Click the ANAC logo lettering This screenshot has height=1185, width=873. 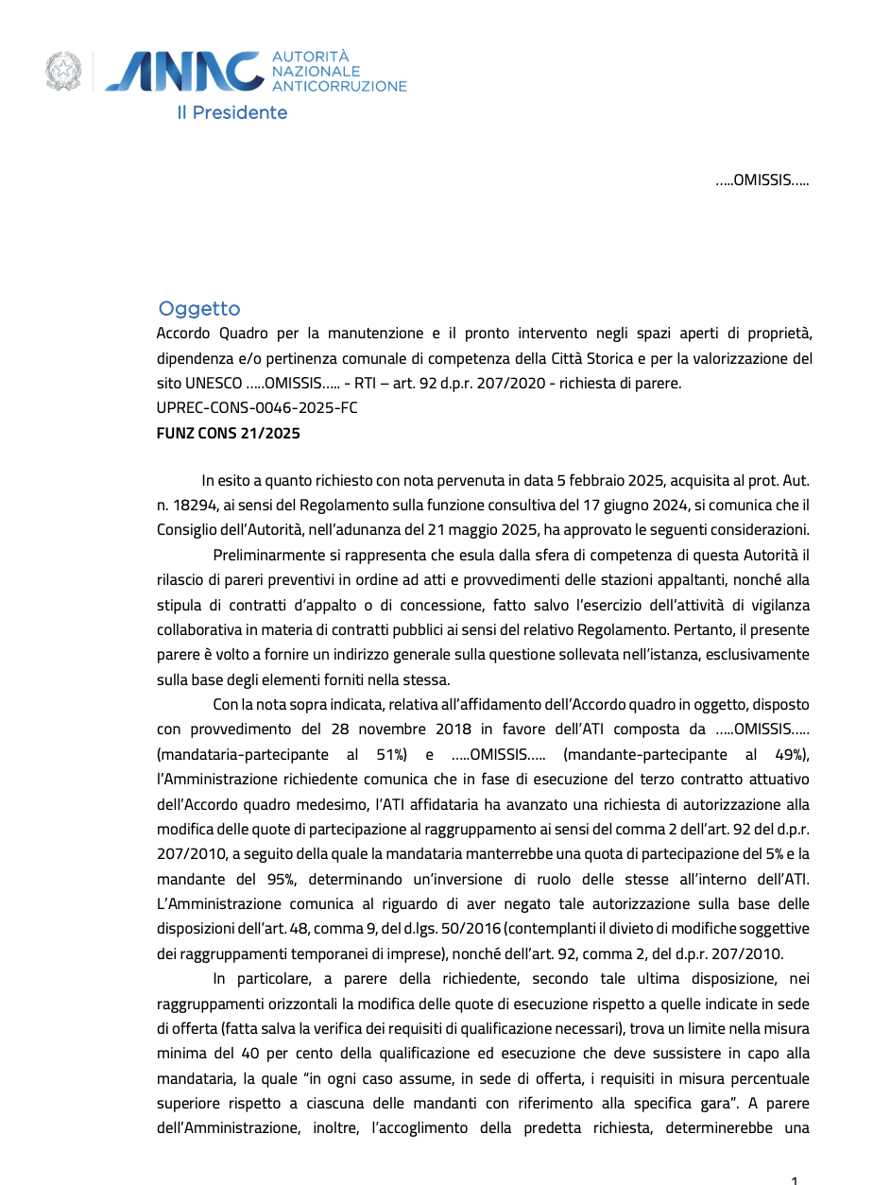pyautogui.click(x=185, y=73)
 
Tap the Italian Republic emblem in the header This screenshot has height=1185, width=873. pyautogui.click(x=63, y=73)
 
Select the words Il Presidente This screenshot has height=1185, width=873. pyautogui.click(x=232, y=112)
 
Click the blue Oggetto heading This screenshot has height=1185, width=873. pyautogui.click(x=199, y=309)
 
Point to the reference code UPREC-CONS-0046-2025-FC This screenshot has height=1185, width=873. pyautogui.click(x=257, y=408)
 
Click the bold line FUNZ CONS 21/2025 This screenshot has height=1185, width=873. pyautogui.click(x=229, y=434)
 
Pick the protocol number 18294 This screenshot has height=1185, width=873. pyautogui.click(x=197, y=506)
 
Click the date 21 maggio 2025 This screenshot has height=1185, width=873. pyautogui.click(x=481, y=530)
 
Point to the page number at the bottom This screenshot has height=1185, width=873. pyautogui.click(x=795, y=1178)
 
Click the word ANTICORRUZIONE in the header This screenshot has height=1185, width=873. pyautogui.click(x=339, y=86)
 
